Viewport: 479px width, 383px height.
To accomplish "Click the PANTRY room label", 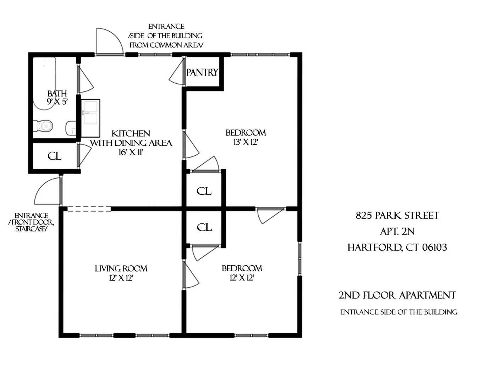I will click(202, 73).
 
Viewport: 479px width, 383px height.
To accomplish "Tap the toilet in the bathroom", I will click(43, 126).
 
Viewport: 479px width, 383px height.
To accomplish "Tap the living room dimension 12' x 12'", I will click(121, 278).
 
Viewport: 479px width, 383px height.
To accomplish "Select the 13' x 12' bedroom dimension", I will click(246, 142).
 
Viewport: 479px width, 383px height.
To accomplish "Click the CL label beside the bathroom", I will click(54, 156).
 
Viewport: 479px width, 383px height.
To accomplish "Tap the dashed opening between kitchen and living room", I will click(89, 209).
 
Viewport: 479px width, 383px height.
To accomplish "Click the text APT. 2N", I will click(397, 232).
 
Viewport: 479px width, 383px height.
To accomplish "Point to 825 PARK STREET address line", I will click(397, 216).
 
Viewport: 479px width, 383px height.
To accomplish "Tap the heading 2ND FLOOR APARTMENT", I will click(397, 295).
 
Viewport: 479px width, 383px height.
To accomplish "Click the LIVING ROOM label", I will click(121, 268).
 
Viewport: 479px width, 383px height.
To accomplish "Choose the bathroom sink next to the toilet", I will click(71, 128).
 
